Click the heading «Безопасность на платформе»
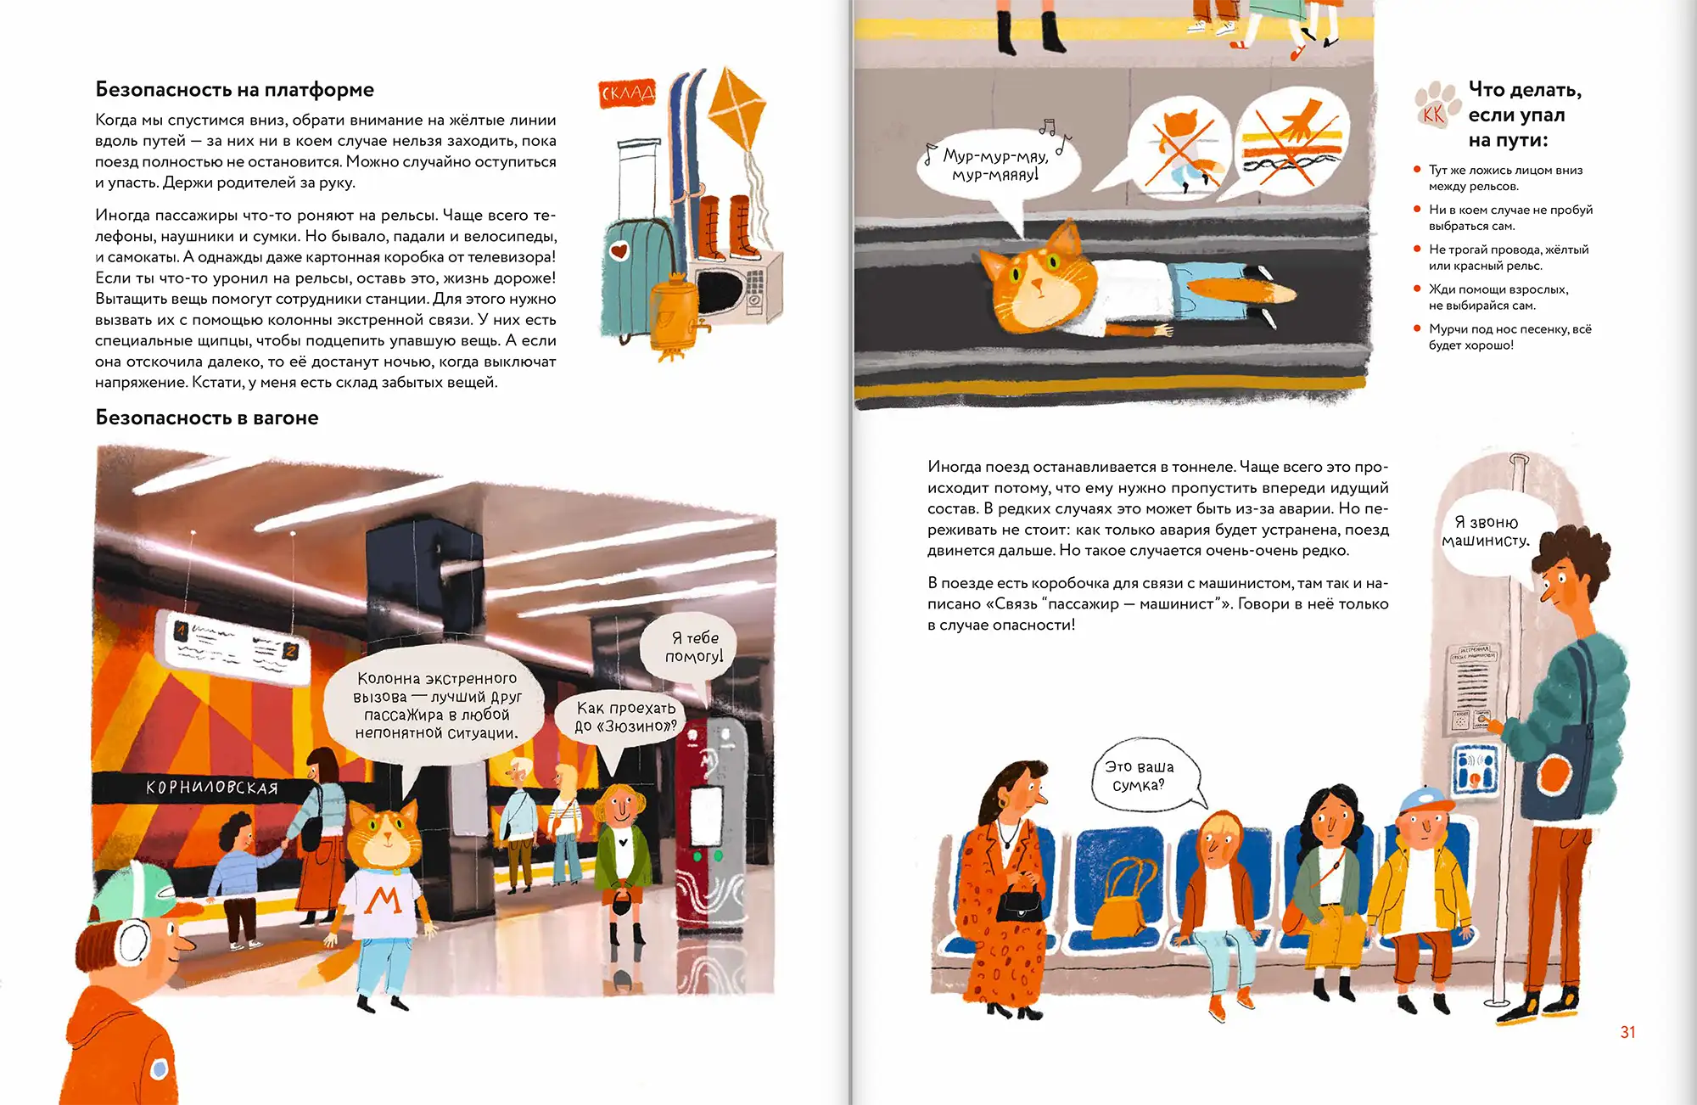tap(234, 89)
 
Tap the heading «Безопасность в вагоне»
tap(207, 418)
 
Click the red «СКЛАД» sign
tap(627, 93)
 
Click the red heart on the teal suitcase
tap(619, 251)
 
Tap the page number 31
tap(1627, 1032)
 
